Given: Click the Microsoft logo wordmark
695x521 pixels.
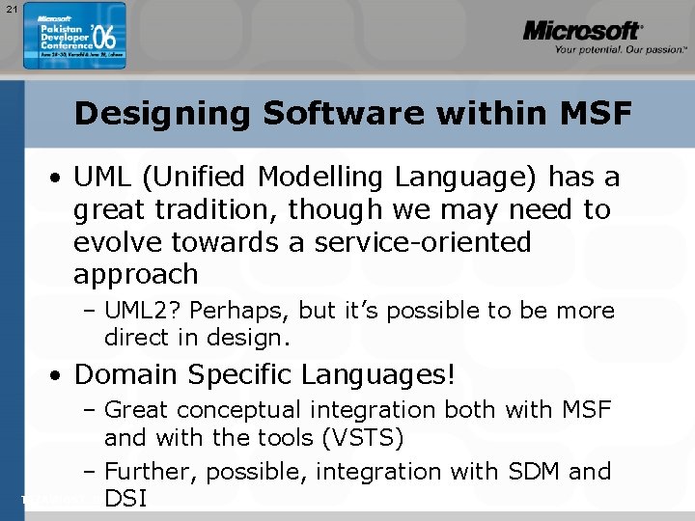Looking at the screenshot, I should pyautogui.click(x=582, y=32).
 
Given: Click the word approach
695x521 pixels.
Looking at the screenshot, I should pyautogui.click(x=135, y=274).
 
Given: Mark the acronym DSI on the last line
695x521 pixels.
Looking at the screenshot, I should pyautogui.click(x=125, y=499).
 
